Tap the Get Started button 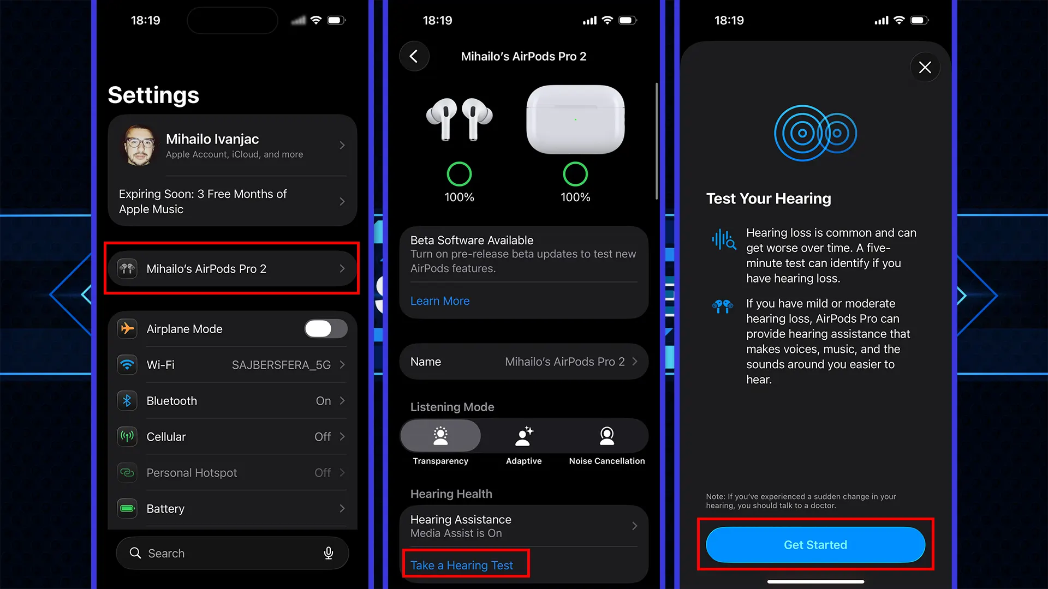pyautogui.click(x=815, y=545)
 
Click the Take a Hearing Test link pyautogui.click(x=462, y=566)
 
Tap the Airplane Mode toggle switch pyautogui.click(x=325, y=329)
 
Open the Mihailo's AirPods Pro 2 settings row pyautogui.click(x=232, y=269)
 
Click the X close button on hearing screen pyautogui.click(x=925, y=68)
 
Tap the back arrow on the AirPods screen pyautogui.click(x=414, y=56)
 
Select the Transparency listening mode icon pyautogui.click(x=440, y=436)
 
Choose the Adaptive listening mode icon pyautogui.click(x=523, y=436)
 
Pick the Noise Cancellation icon pyautogui.click(x=606, y=436)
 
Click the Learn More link pyautogui.click(x=439, y=301)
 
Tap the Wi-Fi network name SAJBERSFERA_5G pyautogui.click(x=281, y=365)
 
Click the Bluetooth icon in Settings pyautogui.click(x=127, y=401)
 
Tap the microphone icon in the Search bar pyautogui.click(x=329, y=553)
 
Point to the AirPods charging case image pyautogui.click(x=575, y=119)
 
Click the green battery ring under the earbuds pyautogui.click(x=459, y=175)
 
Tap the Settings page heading pyautogui.click(x=153, y=95)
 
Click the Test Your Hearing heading pyautogui.click(x=768, y=199)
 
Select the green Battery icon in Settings pyautogui.click(x=127, y=509)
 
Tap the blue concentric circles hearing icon pyautogui.click(x=815, y=133)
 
